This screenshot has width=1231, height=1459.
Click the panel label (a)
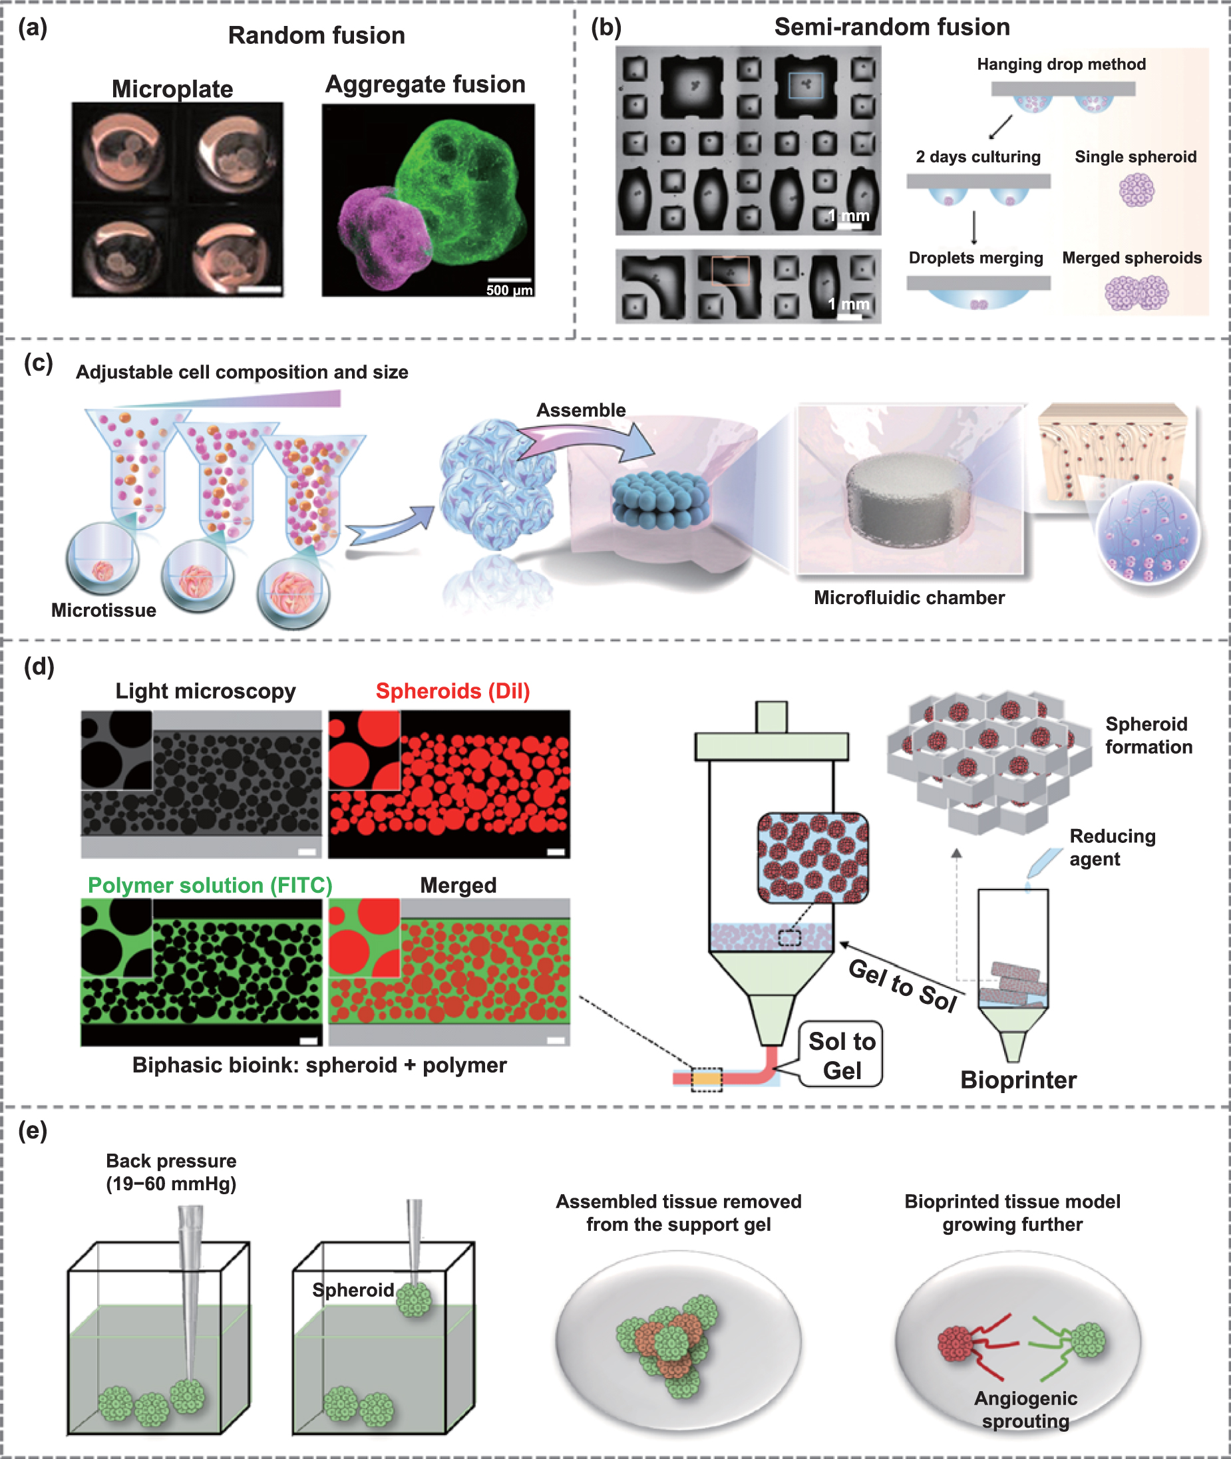click(x=33, y=28)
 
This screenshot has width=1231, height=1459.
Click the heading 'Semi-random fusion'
click(x=892, y=27)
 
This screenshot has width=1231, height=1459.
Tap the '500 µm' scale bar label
click(x=509, y=289)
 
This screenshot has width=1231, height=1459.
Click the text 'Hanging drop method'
click(x=1061, y=64)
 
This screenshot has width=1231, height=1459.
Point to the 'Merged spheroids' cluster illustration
click(x=1136, y=293)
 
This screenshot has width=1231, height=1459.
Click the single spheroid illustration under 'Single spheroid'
click(x=1136, y=190)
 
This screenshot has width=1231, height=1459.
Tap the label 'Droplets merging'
click(x=975, y=257)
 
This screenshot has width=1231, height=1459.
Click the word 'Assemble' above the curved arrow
click(x=581, y=410)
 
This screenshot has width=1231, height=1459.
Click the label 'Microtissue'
click(x=103, y=610)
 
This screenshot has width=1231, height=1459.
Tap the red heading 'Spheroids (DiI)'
click(x=452, y=691)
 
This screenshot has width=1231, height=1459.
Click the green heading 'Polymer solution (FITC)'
click(x=210, y=885)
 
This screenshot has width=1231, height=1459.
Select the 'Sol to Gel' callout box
click(x=841, y=1055)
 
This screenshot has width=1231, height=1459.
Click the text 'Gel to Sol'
click(x=902, y=985)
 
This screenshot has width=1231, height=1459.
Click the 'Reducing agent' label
click(x=1112, y=847)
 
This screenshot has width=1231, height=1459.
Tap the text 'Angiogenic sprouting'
click(x=1025, y=1410)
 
